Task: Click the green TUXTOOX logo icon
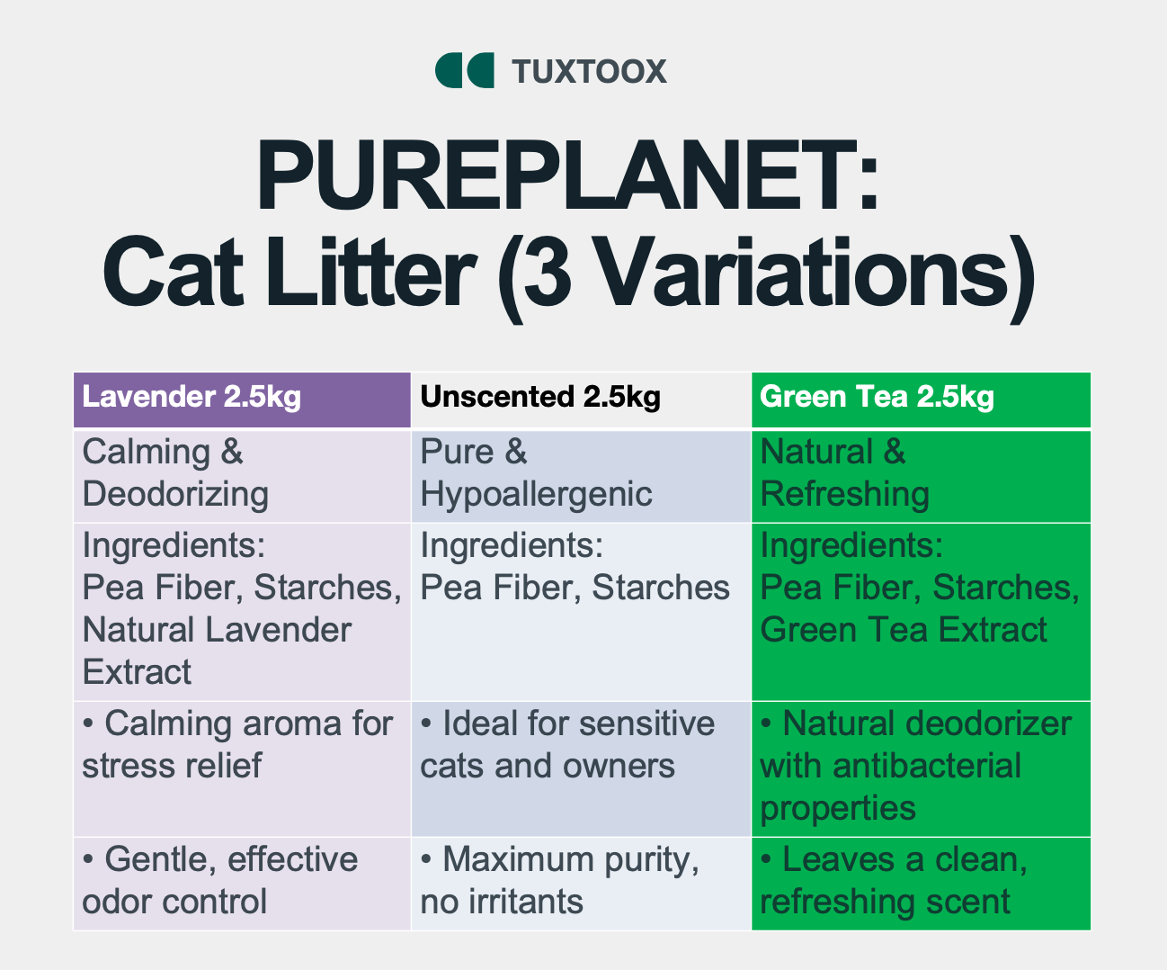[465, 70]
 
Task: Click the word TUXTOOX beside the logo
[589, 72]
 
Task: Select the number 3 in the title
[548, 274]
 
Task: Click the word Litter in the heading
[371, 274]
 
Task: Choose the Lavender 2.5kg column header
[242, 400]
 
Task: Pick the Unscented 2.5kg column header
[582, 400]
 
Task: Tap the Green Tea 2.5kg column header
[921, 400]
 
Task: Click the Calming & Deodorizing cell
[242, 476]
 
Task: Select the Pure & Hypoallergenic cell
[582, 476]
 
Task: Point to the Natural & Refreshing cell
[921, 476]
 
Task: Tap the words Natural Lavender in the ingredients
[217, 630]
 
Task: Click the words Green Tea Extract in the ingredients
[904, 630]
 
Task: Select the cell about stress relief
[242, 768]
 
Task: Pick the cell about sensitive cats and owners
[582, 768]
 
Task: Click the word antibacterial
[927, 766]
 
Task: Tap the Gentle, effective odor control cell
[242, 884]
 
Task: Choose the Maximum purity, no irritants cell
[582, 884]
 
